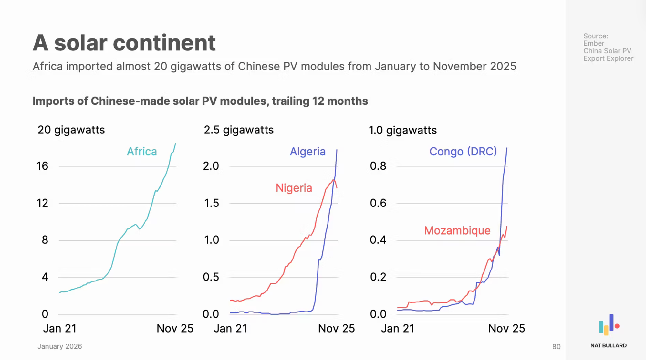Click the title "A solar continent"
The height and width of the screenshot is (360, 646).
point(124,43)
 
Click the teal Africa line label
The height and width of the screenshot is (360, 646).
point(142,151)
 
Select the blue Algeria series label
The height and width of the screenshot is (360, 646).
point(307,151)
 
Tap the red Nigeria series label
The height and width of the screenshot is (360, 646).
point(294,188)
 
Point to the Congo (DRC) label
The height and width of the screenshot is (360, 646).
point(463,151)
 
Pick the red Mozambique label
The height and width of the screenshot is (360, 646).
point(457,230)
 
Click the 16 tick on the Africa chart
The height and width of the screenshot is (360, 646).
point(42,166)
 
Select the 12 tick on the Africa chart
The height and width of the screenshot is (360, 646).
point(42,203)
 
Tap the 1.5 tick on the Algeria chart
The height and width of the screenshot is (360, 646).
point(211,203)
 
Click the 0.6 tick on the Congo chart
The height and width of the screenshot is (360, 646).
point(378,203)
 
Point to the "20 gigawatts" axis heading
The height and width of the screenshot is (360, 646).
point(71,130)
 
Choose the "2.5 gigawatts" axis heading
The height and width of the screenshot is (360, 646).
point(238,130)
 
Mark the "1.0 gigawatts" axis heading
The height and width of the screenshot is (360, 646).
point(402,130)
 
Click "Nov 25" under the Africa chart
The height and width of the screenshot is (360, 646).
point(175,329)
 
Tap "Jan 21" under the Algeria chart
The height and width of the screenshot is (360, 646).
point(230,329)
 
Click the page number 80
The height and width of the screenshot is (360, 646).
point(556,347)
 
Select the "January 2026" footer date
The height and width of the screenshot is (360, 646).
point(60,346)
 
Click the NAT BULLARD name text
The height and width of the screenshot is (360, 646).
point(608,345)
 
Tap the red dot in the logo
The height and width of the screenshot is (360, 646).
point(617,326)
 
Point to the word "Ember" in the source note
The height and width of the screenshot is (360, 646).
point(593,43)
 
